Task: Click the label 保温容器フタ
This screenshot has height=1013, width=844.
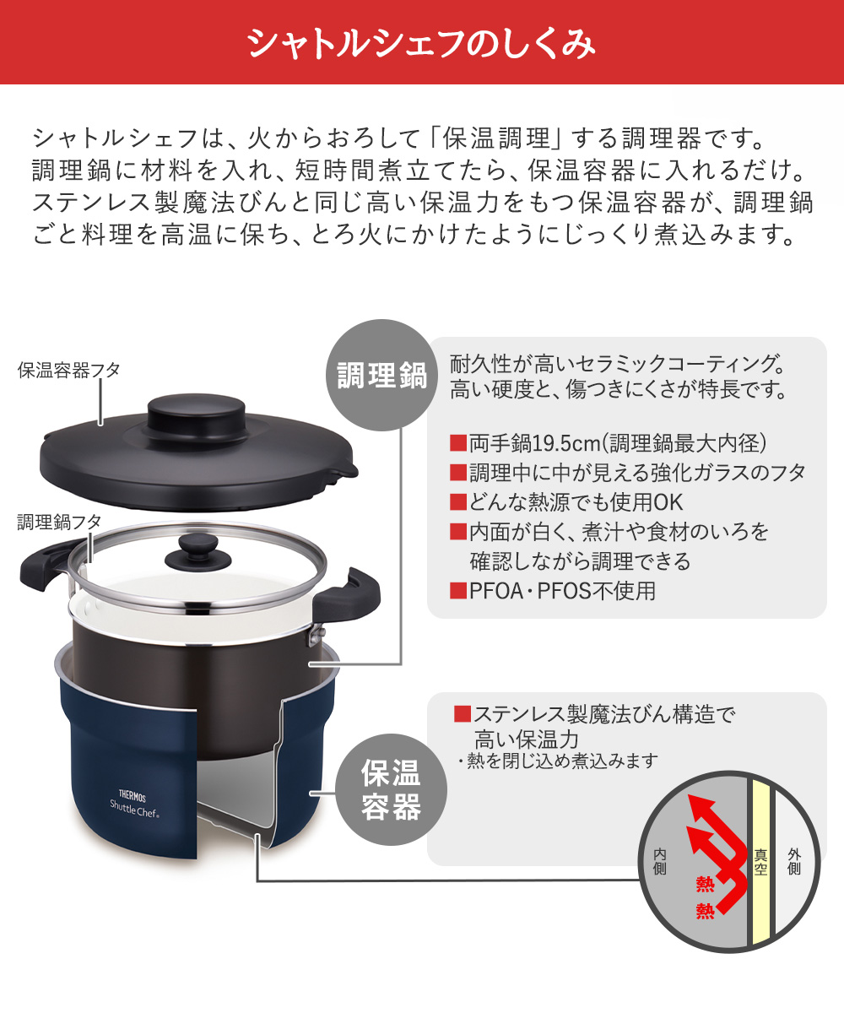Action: pos(69,370)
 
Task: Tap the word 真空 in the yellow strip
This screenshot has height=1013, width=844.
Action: pos(760,861)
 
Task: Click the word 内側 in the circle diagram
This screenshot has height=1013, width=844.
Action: pos(659,861)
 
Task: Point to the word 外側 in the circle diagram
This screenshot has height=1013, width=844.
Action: pos(793,861)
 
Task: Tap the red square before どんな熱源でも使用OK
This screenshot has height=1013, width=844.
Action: pos(458,501)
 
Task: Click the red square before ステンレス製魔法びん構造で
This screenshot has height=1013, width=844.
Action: pos(462,714)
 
